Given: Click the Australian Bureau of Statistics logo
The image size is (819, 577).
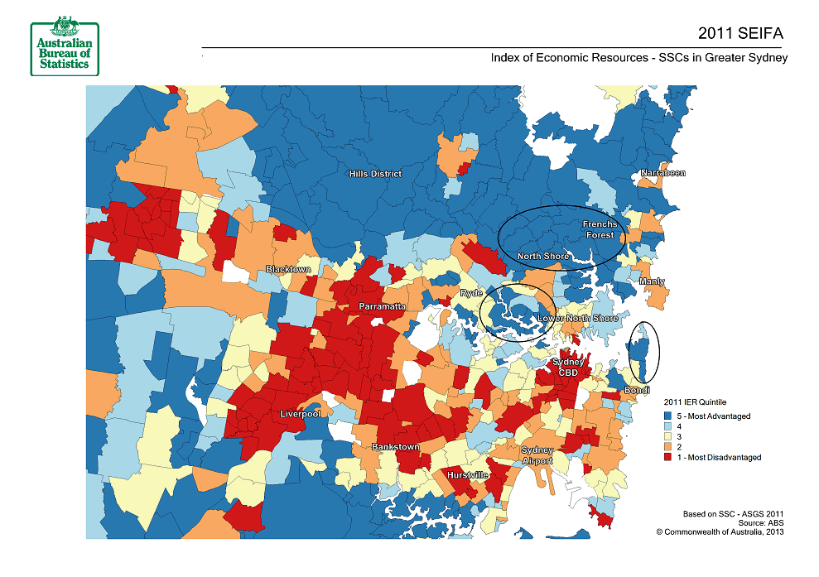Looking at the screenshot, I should pyautogui.click(x=63, y=46).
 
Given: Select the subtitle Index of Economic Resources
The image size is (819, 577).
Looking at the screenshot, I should pyautogui.click(x=638, y=58).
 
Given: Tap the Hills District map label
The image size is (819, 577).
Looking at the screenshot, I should pyautogui.click(x=374, y=174).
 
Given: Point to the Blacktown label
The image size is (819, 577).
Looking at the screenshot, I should pyautogui.click(x=288, y=270).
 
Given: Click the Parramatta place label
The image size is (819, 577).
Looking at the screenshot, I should pyautogui.click(x=382, y=306).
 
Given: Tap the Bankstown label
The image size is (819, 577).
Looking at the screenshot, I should pyautogui.click(x=395, y=447).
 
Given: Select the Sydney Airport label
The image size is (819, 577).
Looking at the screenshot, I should pyautogui.click(x=536, y=455).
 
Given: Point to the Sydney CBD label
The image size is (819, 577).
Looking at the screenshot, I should pyautogui.click(x=569, y=367).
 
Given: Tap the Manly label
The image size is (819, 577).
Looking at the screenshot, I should pyautogui.click(x=652, y=282).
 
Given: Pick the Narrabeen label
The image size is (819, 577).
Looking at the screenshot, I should pyautogui.click(x=662, y=173).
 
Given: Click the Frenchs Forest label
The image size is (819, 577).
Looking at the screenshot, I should pyautogui.click(x=600, y=229).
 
